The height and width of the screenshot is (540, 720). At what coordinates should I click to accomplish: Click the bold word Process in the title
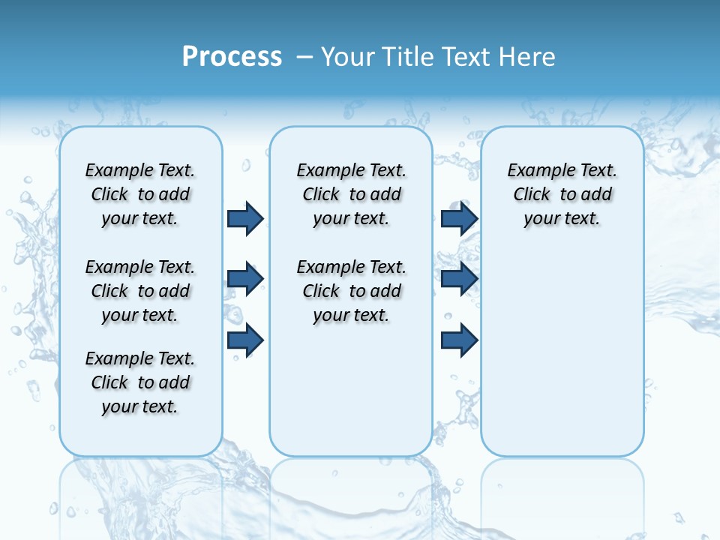pos(232,57)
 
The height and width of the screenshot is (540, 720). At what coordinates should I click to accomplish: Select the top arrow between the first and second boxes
pos(245,218)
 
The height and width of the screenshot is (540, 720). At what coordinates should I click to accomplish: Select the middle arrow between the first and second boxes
pos(245,279)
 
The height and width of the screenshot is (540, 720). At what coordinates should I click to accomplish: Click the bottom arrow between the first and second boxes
pos(245,340)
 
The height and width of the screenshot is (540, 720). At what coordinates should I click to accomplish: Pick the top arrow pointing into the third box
pos(459,218)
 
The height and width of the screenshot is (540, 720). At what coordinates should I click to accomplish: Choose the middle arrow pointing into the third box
pos(459,279)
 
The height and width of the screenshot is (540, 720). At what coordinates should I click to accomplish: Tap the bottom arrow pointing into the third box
pos(459,340)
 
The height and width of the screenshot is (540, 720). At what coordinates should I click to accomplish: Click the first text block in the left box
pos(140,194)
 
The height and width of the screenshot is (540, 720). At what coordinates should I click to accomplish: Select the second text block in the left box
pos(140,291)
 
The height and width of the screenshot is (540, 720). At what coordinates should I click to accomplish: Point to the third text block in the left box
pos(140,382)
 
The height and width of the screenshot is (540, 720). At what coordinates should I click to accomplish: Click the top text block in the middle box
pos(351,194)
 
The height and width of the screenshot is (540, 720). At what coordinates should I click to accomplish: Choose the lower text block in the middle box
pos(351,291)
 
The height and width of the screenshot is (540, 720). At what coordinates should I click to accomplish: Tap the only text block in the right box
pos(562,194)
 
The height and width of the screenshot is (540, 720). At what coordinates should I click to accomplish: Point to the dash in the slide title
pos(304,57)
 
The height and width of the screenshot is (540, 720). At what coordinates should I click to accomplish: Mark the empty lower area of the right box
pos(562,345)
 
